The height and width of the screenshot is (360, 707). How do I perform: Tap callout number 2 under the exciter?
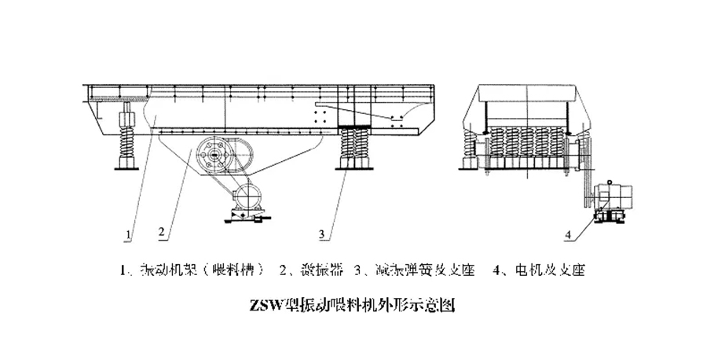[x=160, y=233]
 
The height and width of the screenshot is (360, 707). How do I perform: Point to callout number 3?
[x=321, y=233]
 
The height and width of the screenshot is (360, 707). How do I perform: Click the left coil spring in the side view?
[x=126, y=144]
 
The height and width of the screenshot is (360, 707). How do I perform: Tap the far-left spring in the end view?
[x=470, y=146]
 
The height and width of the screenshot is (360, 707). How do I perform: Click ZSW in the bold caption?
[x=267, y=301]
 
